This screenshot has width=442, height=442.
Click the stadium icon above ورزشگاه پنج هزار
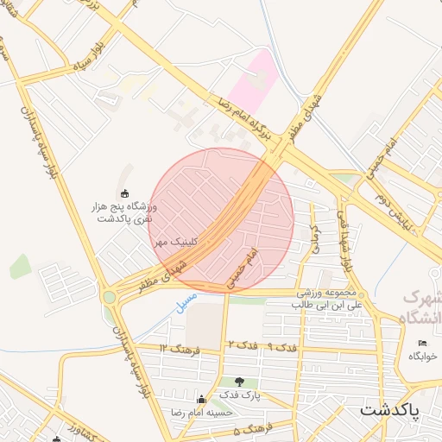coord(124,193)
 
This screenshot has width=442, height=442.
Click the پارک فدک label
coord(239,395)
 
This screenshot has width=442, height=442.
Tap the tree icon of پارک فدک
coord(239,382)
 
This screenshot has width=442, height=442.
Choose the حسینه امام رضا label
coord(204,413)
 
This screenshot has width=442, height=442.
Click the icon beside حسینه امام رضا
coord(202,400)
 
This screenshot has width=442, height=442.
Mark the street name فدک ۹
coord(281,346)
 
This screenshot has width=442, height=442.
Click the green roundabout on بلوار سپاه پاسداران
coord(109,297)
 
